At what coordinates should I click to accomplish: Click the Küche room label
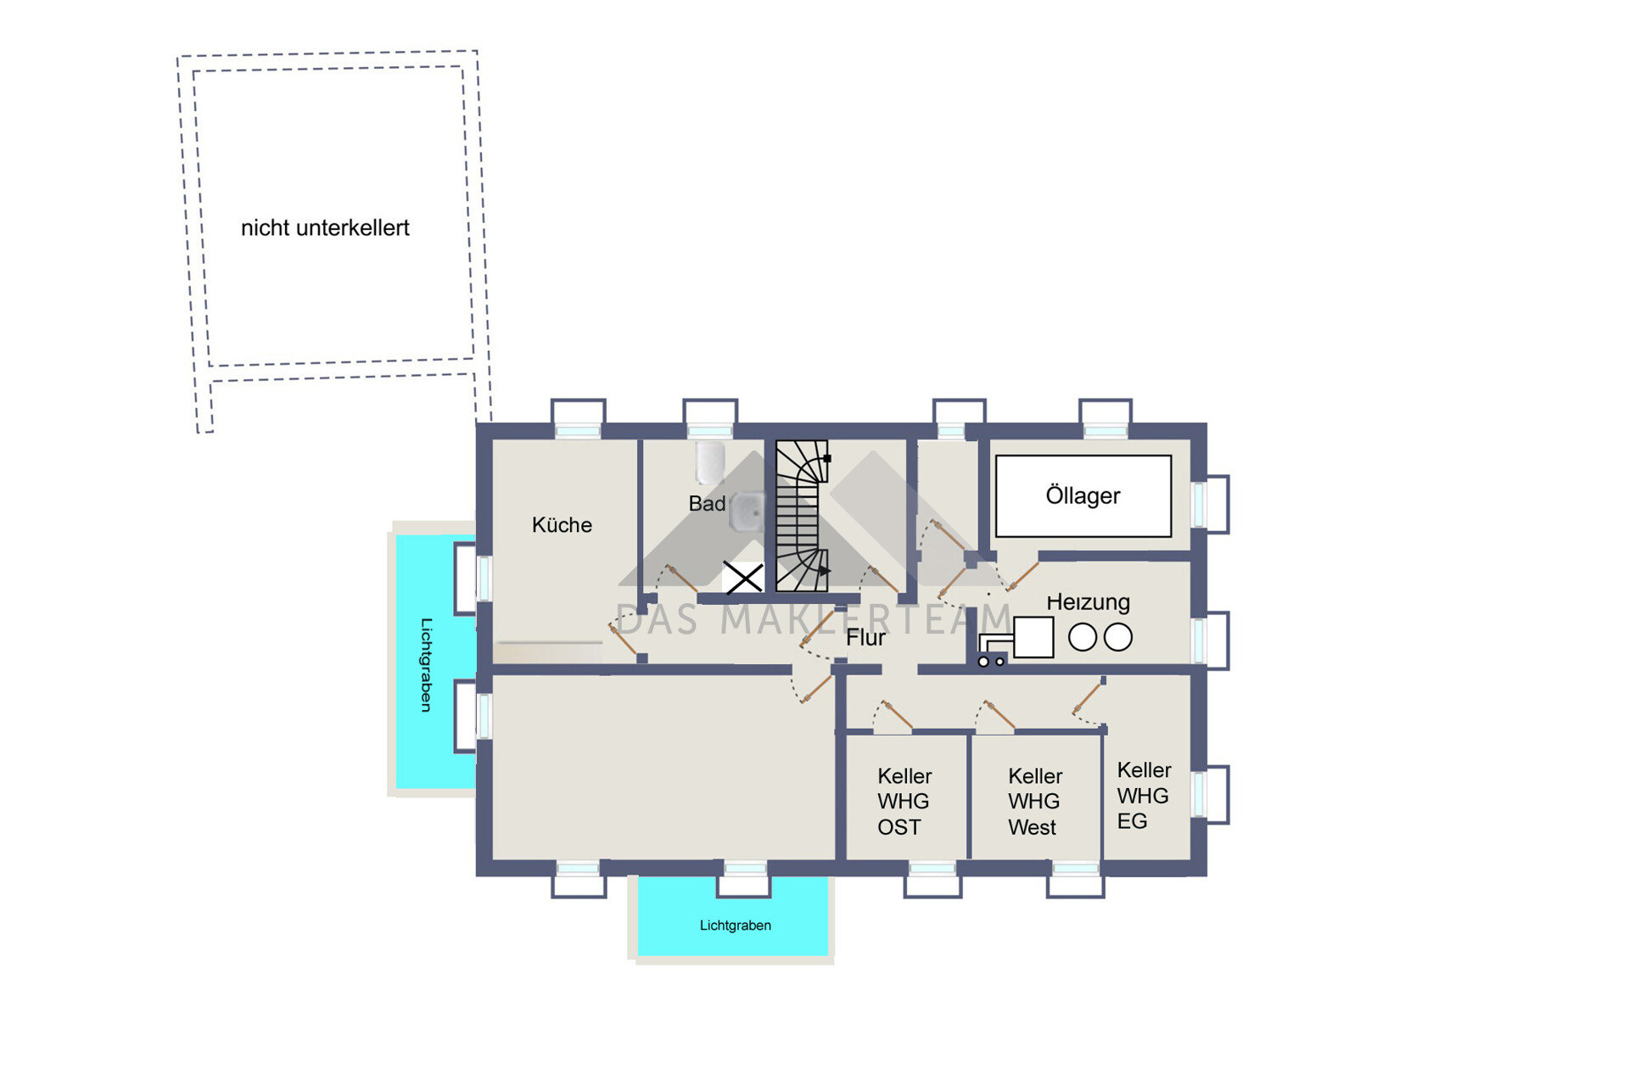562,525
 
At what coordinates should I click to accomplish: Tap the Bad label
707,504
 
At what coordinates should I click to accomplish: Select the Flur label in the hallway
865,638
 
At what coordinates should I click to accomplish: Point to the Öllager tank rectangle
1083,496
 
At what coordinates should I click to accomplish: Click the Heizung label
1088,602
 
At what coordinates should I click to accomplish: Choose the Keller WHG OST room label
904,802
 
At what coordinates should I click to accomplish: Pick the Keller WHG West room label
1035,802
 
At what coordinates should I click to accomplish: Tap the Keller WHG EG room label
1144,796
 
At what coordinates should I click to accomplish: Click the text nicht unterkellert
325,228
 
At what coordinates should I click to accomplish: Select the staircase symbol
802,516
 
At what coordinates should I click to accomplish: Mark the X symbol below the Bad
743,578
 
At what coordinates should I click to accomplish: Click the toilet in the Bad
710,462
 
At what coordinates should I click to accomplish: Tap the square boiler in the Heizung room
1033,637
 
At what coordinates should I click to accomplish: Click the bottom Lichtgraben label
736,926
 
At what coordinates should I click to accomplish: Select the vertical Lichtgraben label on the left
427,665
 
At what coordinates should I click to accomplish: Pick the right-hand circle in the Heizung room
1118,637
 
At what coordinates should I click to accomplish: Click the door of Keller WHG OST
896,715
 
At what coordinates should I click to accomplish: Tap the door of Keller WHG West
998,715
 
